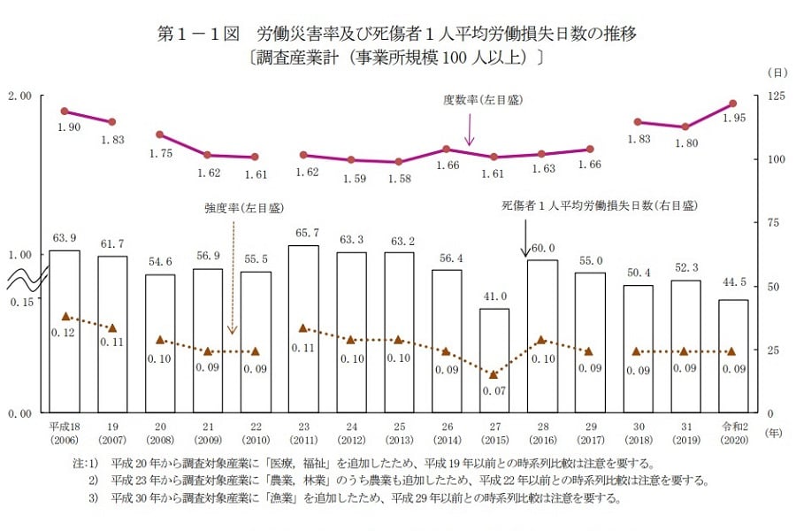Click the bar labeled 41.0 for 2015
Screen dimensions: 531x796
(494, 360)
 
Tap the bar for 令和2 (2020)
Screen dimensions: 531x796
(732, 356)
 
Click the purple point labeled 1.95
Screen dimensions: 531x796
(732, 104)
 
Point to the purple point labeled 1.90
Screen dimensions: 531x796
(65, 111)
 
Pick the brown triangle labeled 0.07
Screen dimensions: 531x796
(494, 374)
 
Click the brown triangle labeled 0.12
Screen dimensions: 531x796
(65, 316)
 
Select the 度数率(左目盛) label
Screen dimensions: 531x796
(482, 100)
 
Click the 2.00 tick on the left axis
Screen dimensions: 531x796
(20, 96)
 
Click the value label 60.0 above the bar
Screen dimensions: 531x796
(542, 249)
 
